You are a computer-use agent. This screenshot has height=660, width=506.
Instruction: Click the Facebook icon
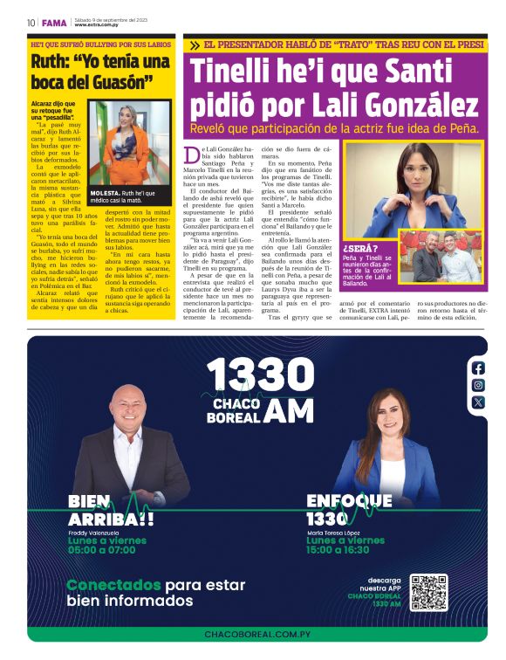[478, 368]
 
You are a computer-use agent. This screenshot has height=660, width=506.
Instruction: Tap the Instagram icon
[478, 385]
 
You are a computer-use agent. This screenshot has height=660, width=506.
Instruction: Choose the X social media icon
[478, 402]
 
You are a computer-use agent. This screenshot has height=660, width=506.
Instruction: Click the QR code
[429, 592]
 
